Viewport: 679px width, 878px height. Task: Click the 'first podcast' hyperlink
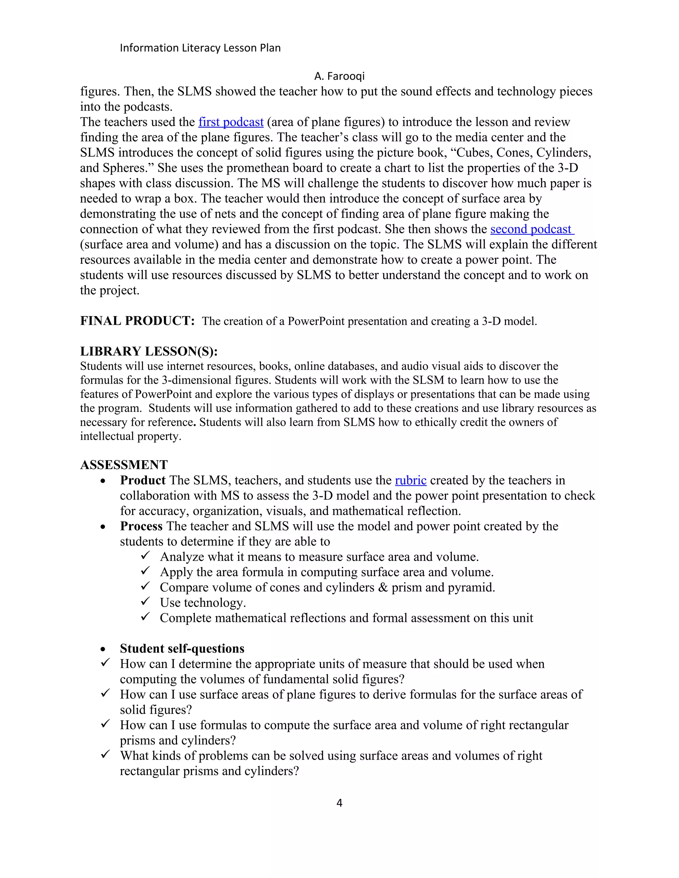click(x=230, y=122)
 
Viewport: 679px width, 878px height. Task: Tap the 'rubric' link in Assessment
click(x=410, y=480)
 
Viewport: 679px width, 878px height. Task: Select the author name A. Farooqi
click(x=339, y=76)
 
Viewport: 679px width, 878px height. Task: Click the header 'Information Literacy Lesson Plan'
click(x=200, y=48)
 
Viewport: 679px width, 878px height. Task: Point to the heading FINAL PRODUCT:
click(x=137, y=321)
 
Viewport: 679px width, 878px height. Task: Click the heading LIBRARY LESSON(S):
click(x=149, y=351)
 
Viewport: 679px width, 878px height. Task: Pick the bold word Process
click(x=141, y=526)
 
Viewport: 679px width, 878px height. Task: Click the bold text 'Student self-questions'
click(x=182, y=648)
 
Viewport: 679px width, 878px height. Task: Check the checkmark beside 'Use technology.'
click(x=145, y=601)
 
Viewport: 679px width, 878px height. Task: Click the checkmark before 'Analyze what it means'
click(x=145, y=556)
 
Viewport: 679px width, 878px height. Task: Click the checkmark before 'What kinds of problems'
click(x=105, y=754)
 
